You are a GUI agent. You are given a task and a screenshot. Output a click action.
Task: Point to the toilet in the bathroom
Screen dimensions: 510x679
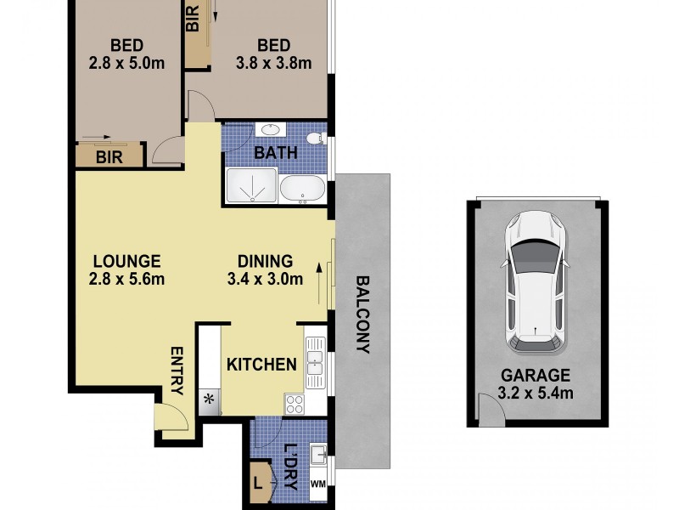pos(313,138)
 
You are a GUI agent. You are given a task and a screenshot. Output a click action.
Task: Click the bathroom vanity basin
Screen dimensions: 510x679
pos(271,131)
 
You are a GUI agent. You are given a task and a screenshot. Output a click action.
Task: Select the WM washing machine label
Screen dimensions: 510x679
pos(318,484)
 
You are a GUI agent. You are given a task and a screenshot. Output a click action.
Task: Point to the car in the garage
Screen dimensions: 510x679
pos(536,285)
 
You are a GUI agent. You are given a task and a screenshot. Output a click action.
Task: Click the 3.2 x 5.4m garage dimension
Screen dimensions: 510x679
pos(536,393)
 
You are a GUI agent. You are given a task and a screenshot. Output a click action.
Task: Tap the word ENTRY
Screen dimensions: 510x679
pos(177,371)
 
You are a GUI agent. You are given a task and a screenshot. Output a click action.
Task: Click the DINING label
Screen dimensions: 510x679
pos(265,262)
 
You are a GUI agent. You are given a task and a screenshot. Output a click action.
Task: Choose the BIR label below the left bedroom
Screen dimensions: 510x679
pos(108,157)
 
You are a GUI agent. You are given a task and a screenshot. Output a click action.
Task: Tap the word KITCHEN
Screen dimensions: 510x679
pos(261,365)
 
